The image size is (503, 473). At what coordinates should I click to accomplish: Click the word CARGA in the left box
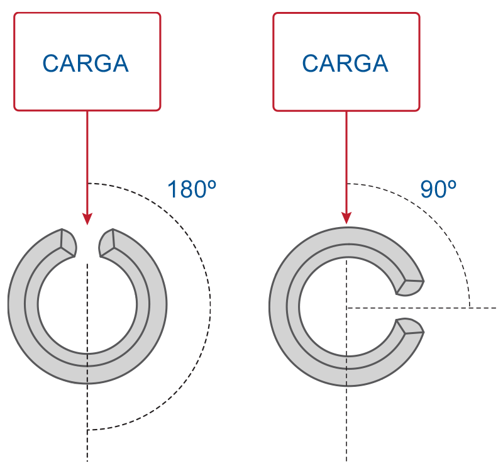86,64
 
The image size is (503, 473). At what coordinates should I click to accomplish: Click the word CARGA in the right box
345,64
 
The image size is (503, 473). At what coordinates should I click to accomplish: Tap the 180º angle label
192,189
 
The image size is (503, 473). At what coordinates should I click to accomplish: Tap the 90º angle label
438,189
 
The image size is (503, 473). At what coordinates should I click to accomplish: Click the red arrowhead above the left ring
87,218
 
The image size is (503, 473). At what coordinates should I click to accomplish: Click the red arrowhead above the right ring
346,218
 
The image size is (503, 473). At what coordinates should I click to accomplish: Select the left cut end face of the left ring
69,243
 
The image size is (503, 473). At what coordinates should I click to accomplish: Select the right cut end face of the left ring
106,243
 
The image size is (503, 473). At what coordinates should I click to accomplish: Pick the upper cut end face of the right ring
411,287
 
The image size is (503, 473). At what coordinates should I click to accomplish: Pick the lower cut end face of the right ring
411,326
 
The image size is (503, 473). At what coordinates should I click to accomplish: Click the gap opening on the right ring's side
410,307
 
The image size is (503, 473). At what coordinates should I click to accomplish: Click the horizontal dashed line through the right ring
421,308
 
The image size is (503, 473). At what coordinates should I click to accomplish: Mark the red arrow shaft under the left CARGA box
87,162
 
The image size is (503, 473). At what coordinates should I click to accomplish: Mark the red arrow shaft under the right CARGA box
346,162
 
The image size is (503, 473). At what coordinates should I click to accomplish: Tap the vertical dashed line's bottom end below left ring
87,462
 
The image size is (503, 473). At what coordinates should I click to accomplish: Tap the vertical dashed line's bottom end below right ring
346,462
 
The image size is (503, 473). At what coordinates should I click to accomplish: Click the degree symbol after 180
212,185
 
